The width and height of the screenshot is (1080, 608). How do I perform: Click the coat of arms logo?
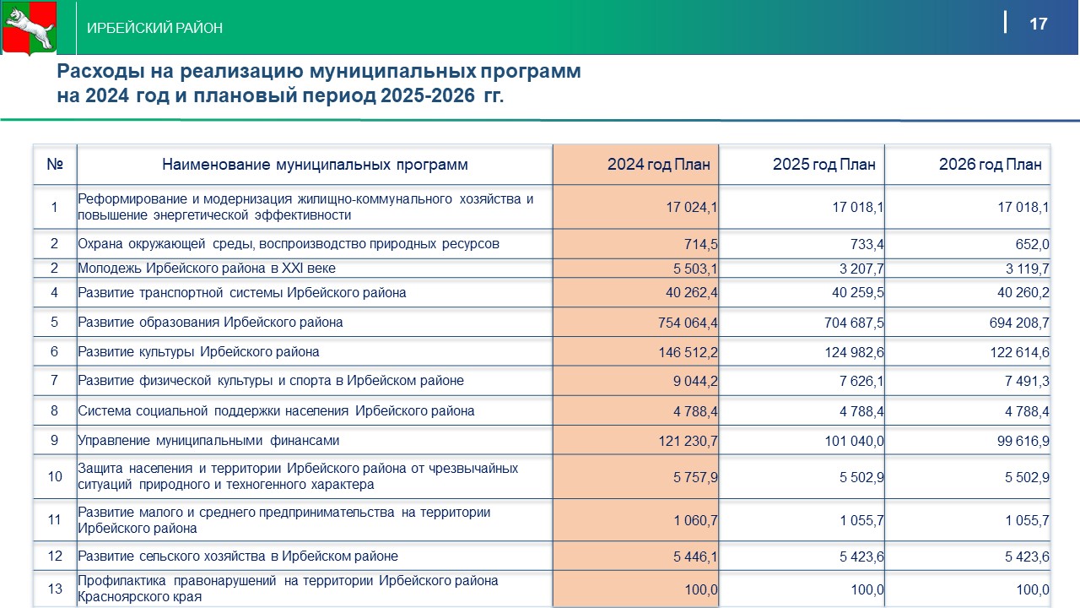pyautogui.click(x=30, y=28)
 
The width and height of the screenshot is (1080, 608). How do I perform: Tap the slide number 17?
pyautogui.click(x=1039, y=24)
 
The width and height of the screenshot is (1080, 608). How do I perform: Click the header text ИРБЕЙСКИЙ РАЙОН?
pyautogui.click(x=155, y=28)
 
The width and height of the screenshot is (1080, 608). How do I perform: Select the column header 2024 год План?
pyautogui.click(x=658, y=165)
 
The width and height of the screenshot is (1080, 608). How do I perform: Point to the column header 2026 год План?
pyautogui.click(x=990, y=165)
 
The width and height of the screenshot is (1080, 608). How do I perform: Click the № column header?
pyautogui.click(x=55, y=165)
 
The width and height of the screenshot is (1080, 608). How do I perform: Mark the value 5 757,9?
pyautogui.click(x=695, y=477)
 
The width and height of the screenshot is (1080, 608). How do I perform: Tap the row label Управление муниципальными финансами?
pyautogui.click(x=208, y=441)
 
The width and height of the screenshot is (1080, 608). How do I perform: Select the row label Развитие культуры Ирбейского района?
pyautogui.click(x=198, y=352)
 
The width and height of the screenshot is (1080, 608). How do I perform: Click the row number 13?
pyautogui.click(x=55, y=589)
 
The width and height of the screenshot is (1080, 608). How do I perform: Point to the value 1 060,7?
pyautogui.click(x=695, y=520)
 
